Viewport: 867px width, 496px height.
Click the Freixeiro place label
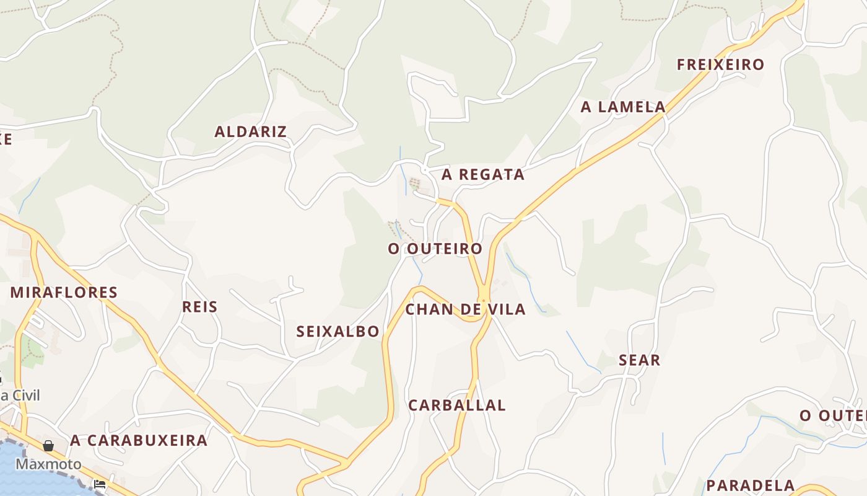pos(720,64)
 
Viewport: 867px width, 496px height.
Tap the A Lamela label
pos(623,107)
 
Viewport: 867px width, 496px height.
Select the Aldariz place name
pos(250,131)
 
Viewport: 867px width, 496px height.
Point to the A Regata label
pos(483,175)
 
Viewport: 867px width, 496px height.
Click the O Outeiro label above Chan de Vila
pos(435,249)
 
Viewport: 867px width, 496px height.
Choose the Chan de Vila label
pos(465,309)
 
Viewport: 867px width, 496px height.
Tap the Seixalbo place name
pos(338,331)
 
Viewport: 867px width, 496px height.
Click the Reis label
pos(200,306)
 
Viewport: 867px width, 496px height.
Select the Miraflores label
pos(64,292)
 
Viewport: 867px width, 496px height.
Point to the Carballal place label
pos(457,405)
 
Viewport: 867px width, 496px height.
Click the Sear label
pos(640,360)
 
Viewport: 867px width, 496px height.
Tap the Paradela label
pos(751,485)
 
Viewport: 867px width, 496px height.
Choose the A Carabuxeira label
pos(139,440)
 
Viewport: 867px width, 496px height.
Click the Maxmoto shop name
pos(48,464)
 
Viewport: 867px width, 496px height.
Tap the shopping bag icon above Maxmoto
pos(48,446)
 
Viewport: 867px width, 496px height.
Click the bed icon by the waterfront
pos(100,484)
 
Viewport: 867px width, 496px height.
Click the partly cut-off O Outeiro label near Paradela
pos(832,415)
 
